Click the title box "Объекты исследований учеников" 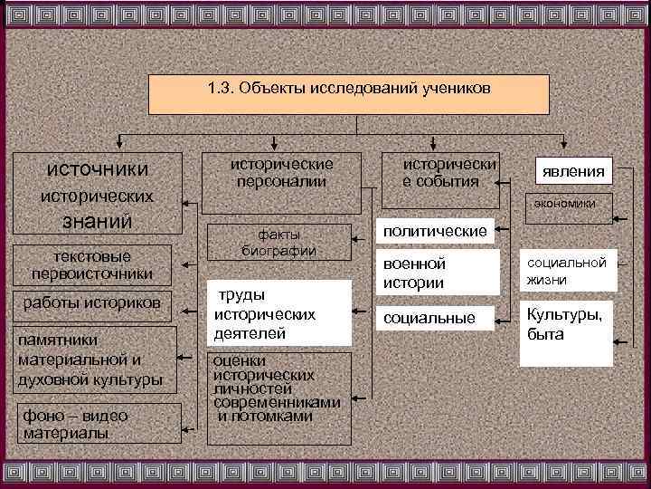349,94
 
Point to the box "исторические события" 448,173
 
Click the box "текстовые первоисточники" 91,265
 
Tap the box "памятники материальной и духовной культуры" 91,360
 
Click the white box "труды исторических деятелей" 278,313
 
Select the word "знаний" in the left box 97,221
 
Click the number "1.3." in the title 221,90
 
